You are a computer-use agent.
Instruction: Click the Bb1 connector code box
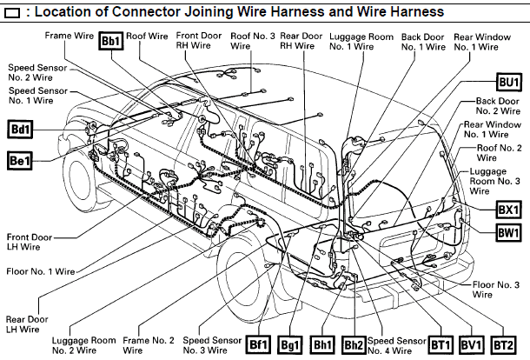point(111,41)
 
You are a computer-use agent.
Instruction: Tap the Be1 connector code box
point(19,160)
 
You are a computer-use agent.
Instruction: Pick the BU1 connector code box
point(508,82)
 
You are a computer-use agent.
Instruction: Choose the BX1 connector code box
point(508,210)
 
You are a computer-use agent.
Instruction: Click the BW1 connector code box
point(508,232)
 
